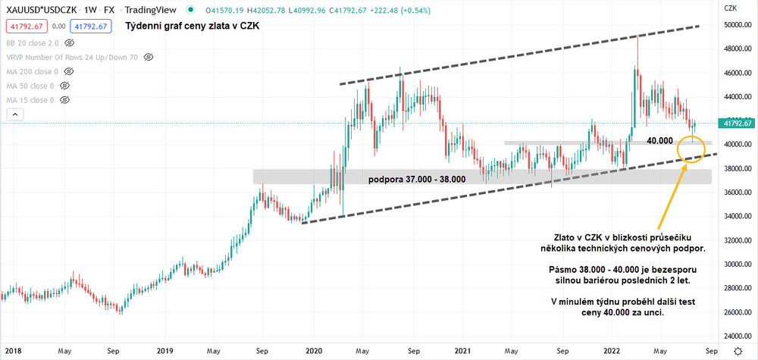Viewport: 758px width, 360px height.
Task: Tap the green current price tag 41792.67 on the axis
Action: coord(737,124)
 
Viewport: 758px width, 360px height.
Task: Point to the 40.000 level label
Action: coord(659,141)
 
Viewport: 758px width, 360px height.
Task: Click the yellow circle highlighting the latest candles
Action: coord(695,148)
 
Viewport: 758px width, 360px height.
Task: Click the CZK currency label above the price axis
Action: coord(731,8)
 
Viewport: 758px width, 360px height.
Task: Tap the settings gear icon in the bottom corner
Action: coord(738,352)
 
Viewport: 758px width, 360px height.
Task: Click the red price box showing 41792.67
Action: coord(27,27)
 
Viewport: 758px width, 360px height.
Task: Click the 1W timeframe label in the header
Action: coord(91,10)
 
